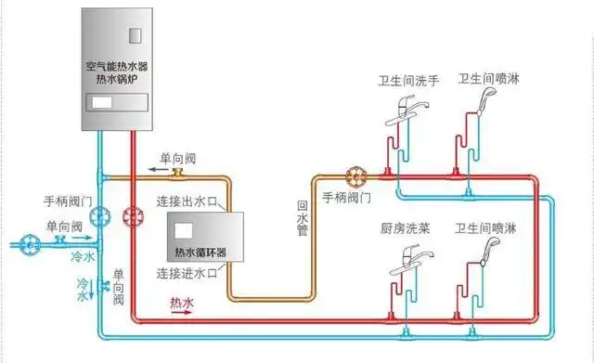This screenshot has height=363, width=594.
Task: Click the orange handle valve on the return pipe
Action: coord(355,176)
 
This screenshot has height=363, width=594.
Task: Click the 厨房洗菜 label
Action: coord(406,227)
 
